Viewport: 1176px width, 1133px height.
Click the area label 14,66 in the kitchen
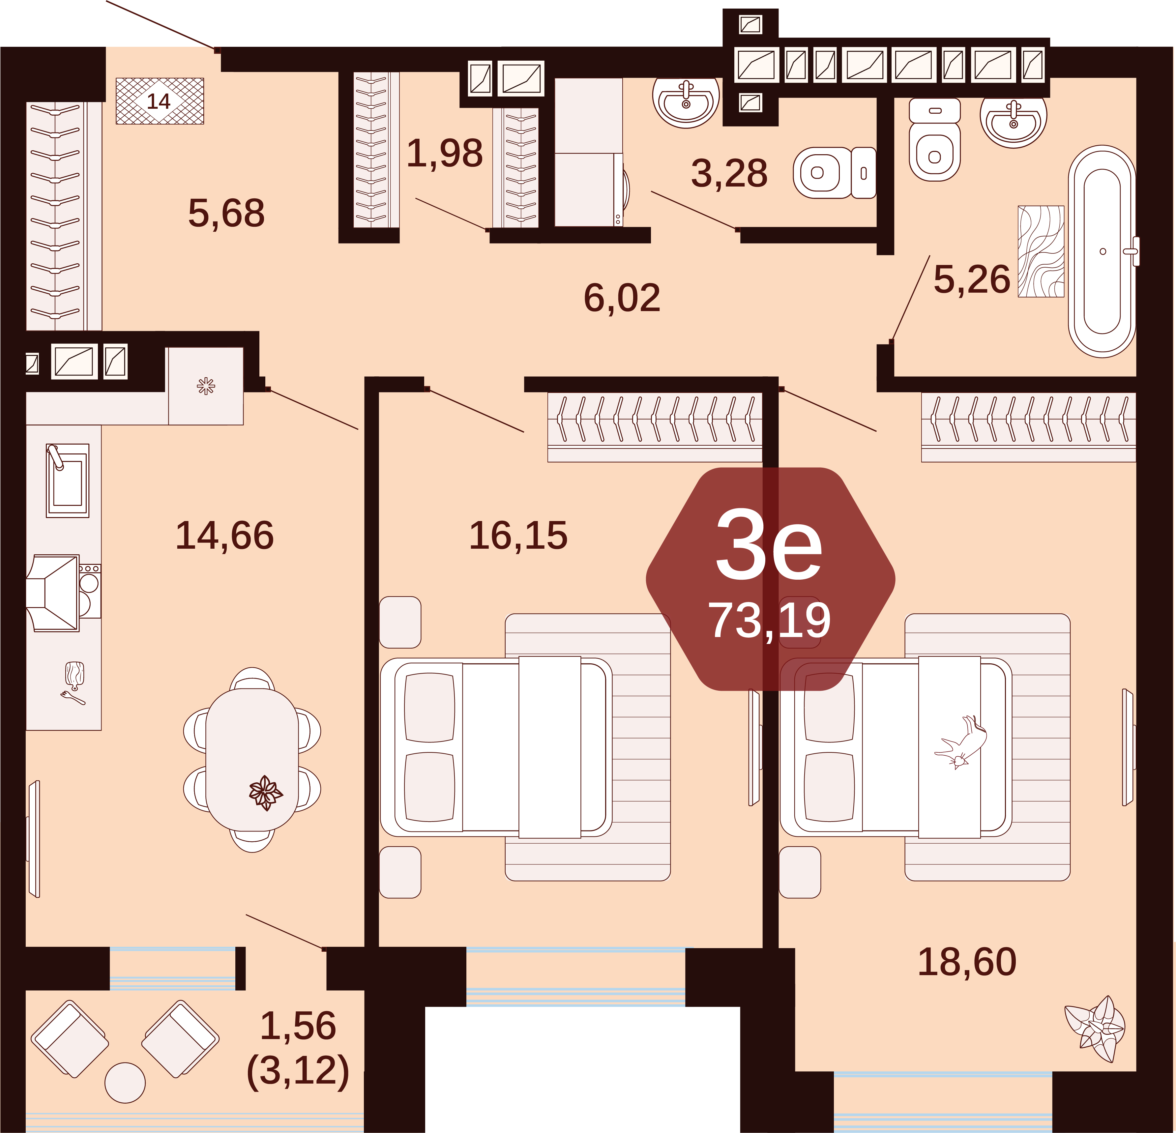point(225,536)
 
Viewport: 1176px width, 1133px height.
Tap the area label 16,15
point(518,536)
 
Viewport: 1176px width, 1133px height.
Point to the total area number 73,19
point(770,621)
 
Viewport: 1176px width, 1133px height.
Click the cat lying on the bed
point(962,742)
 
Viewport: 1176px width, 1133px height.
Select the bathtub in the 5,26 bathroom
point(1102,251)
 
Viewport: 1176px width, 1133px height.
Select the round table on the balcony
point(125,1083)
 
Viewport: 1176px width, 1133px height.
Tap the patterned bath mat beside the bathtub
point(1041,251)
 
